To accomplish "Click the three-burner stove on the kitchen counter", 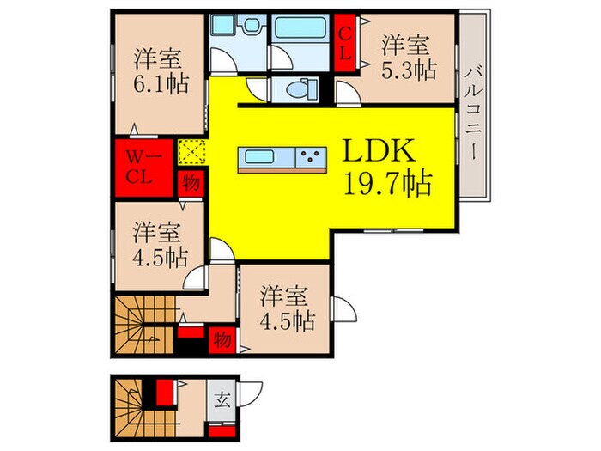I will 310,156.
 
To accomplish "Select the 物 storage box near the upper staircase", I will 222,338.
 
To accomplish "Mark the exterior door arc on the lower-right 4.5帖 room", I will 341,309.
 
